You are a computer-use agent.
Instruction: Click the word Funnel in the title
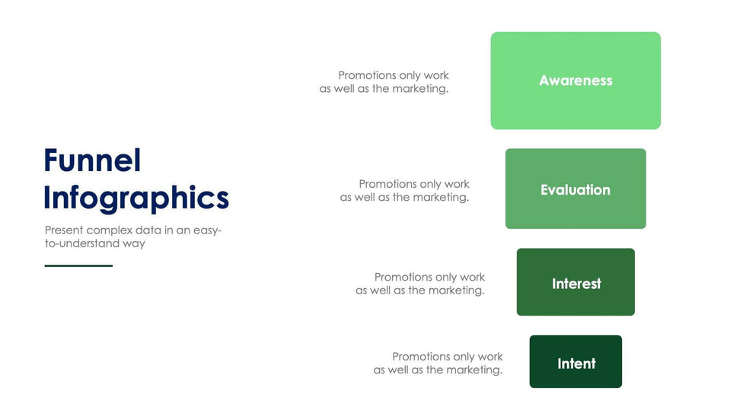point(92,160)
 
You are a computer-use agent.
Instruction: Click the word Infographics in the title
point(136,198)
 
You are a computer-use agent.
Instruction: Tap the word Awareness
point(575,81)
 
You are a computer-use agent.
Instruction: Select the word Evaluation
point(575,189)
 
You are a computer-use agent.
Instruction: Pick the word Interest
point(576,284)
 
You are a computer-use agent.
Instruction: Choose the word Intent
point(576,363)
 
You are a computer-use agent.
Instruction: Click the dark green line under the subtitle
point(78,265)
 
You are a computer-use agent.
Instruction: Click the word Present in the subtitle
point(64,230)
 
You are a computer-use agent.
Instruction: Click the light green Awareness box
point(575,81)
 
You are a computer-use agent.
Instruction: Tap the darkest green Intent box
point(575,361)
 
